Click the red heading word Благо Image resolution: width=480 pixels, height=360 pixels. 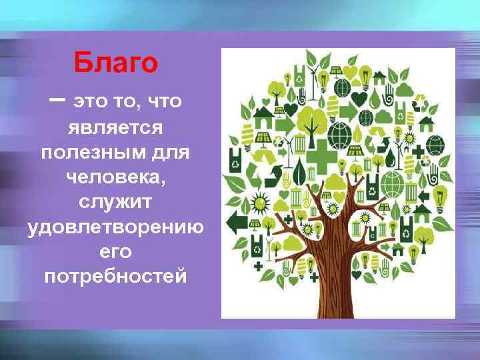pyautogui.click(x=116, y=63)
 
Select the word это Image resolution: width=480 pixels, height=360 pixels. pyautogui.click(x=90, y=101)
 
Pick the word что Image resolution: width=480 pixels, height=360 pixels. pyautogui.click(x=161, y=101)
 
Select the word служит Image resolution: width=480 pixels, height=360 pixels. pyautogui.click(x=115, y=201)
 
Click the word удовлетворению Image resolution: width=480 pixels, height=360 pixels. pyautogui.click(x=115, y=227)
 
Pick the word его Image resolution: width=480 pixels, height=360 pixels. pyautogui.click(x=115, y=252)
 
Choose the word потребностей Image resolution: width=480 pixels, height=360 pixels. pyautogui.click(x=115, y=275)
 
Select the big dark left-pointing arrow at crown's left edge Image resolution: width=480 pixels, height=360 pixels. pyautogui.click(x=237, y=221)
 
